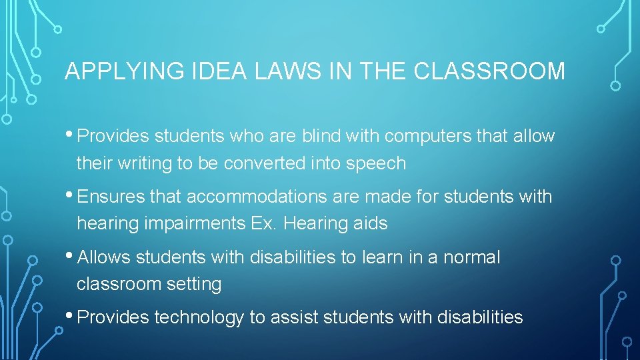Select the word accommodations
pyautogui.click(x=265, y=197)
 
